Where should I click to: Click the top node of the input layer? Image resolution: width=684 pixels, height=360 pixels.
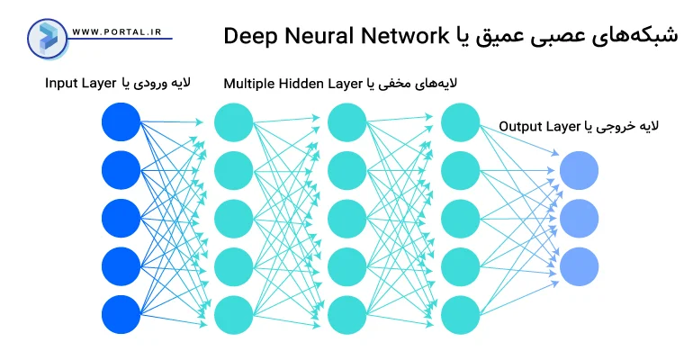pyautogui.click(x=121, y=121)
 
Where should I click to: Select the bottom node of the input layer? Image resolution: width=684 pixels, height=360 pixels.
pyautogui.click(x=121, y=314)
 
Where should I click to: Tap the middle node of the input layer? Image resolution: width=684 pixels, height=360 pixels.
pyautogui.click(x=121, y=218)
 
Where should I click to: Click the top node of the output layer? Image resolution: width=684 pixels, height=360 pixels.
pyautogui.click(x=579, y=170)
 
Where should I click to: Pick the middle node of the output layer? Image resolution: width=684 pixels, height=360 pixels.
pyautogui.click(x=579, y=218)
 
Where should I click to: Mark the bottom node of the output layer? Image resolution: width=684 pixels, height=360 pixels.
pyautogui.click(x=579, y=266)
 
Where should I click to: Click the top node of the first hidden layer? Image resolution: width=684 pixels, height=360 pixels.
pyautogui.click(x=234, y=121)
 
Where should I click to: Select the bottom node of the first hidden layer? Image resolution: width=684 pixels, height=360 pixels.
pyautogui.click(x=234, y=314)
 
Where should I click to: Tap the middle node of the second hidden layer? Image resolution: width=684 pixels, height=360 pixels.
pyautogui.click(x=346, y=218)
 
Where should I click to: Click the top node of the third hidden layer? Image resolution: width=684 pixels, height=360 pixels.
pyautogui.click(x=460, y=121)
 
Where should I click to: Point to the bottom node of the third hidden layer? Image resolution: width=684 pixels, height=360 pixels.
pyautogui.click(x=460, y=314)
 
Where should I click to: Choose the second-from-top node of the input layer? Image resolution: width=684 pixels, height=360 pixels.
pyautogui.click(x=121, y=170)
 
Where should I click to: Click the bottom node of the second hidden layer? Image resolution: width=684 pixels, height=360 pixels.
pyautogui.click(x=346, y=314)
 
